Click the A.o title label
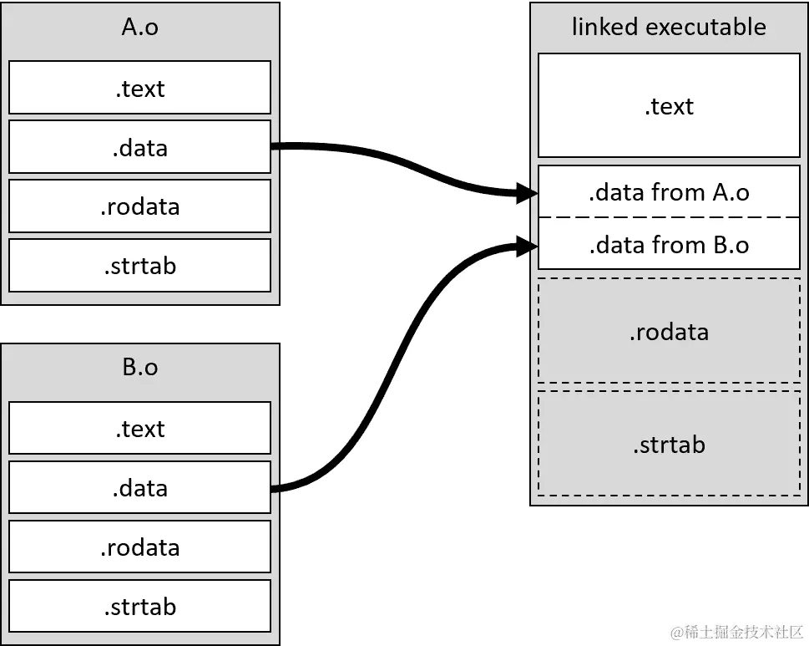[139, 28]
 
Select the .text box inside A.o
[139, 88]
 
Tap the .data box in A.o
[139, 147]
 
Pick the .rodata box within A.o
[139, 206]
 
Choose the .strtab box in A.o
[139, 266]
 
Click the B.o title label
[139, 367]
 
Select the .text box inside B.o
[139, 428]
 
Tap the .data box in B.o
[139, 487]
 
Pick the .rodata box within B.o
[139, 547]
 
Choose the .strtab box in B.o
[139, 606]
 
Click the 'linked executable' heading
[669, 27]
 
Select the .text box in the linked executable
[669, 106]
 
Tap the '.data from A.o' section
[669, 192]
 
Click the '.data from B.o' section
[669, 245]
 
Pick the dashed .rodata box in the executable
[669, 331]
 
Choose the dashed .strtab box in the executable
[669, 444]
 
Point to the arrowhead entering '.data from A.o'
[527, 194]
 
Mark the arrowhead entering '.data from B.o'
[527, 246]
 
